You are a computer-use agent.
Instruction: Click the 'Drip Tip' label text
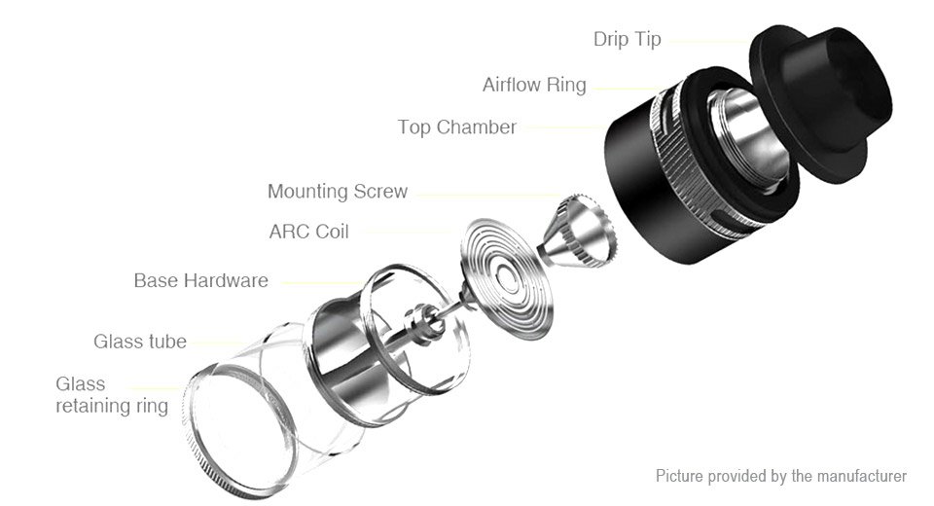(627, 39)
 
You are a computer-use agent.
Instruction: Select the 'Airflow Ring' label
(534, 86)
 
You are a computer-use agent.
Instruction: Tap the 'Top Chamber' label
(457, 127)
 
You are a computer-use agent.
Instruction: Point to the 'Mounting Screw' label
(338, 192)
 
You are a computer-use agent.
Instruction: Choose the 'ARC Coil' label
(308, 232)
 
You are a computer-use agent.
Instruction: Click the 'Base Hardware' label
(200, 280)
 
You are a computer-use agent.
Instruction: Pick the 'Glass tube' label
(140, 342)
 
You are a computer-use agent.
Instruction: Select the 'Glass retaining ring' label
(112, 394)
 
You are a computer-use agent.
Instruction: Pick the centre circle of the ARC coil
(508, 277)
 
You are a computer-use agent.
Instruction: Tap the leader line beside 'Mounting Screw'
(488, 195)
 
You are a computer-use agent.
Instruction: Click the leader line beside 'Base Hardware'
(322, 283)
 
